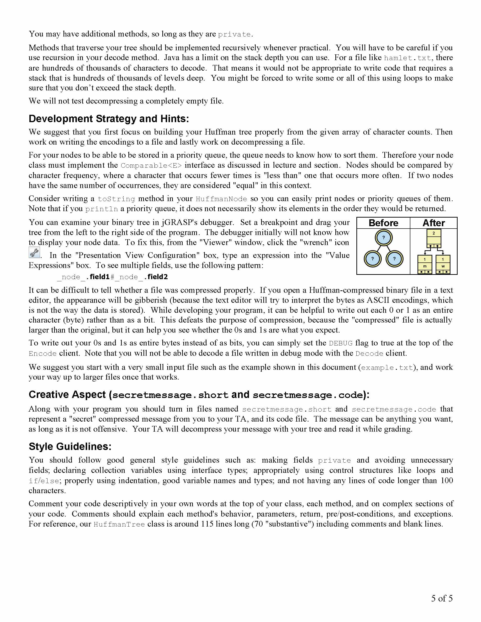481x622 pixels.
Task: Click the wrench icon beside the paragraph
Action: click(34, 253)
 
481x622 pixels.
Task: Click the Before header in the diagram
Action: click(383, 223)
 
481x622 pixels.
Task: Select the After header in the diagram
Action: click(433, 223)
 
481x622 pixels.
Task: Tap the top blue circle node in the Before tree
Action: click(384, 238)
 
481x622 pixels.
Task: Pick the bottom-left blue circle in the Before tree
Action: click(372, 259)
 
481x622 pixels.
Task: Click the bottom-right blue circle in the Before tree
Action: click(394, 259)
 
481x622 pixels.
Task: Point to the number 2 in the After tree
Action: click(434, 233)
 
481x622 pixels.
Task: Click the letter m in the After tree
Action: click(425, 266)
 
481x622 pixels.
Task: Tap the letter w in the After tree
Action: click(443, 266)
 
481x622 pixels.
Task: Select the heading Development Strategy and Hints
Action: click(109, 119)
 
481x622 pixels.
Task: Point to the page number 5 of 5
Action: click(442, 598)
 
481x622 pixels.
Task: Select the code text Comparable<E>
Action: click(151, 166)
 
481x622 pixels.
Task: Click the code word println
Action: click(101, 209)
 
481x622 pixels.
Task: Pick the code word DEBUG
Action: click(340, 343)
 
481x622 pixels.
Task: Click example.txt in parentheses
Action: click(387, 368)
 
